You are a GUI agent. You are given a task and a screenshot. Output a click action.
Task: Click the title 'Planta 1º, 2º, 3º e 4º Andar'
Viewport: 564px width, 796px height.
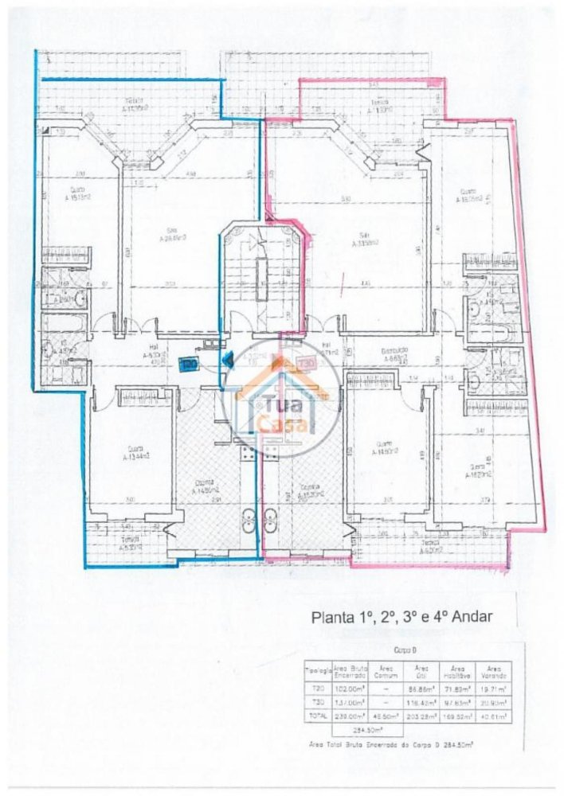(x=402, y=615)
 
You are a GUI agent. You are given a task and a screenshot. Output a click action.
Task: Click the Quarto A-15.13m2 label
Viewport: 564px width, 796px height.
(x=78, y=193)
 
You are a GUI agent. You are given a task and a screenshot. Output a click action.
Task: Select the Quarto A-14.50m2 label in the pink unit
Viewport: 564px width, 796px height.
(x=384, y=447)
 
